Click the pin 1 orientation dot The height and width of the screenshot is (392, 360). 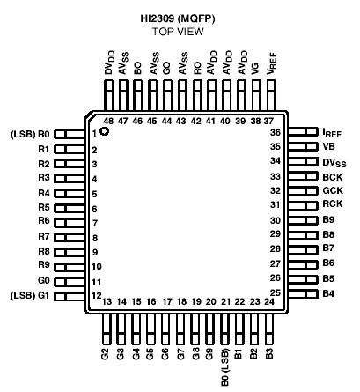pyautogui.click(x=105, y=132)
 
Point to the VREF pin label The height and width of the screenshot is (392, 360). pyautogui.click(x=271, y=66)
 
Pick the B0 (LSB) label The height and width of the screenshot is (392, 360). pyautogui.click(x=225, y=366)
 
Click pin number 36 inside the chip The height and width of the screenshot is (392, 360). pyautogui.click(x=299, y=132)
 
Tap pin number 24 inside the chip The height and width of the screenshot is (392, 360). pyautogui.click(x=268, y=302)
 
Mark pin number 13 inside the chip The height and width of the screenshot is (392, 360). pyautogui.click(x=107, y=302)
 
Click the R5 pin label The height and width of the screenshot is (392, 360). pyautogui.click(x=42, y=207)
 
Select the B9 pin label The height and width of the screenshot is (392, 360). pyautogui.click(x=329, y=220)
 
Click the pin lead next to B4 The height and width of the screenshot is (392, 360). pyautogui.click(x=310, y=292)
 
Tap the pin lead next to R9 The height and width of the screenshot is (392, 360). pyautogui.click(x=67, y=265)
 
